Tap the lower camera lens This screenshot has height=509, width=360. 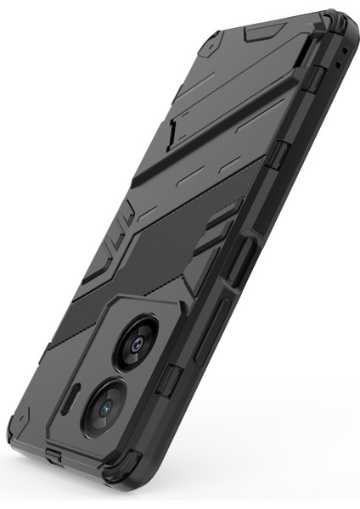pos(105,406)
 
